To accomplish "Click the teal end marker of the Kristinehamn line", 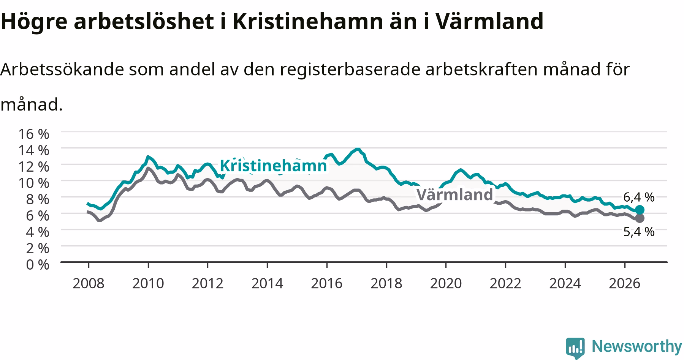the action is tap(640, 210).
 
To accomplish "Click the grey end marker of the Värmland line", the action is tap(640, 218).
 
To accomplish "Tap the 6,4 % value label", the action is tap(639, 197).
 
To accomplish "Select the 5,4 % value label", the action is tap(639, 232).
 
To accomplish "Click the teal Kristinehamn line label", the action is tap(273, 166).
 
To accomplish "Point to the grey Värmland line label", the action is tap(454, 194).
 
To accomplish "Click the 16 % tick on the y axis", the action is tap(34, 134).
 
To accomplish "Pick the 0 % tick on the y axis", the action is tap(38, 264).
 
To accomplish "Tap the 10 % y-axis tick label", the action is tap(34, 183).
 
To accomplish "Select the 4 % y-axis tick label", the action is tap(38, 232).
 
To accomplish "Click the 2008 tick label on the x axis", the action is tap(89, 283).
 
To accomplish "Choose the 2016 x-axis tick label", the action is tap(327, 283).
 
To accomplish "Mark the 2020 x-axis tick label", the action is tap(446, 283).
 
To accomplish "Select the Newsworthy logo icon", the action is tap(575, 347).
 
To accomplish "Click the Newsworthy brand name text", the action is tap(637, 346).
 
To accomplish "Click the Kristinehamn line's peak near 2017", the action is tap(357, 149).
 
